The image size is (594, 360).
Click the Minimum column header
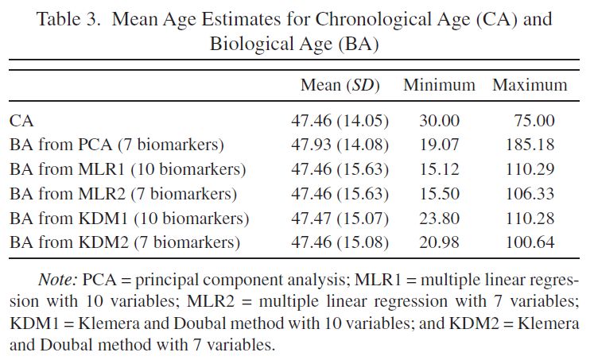click(439, 85)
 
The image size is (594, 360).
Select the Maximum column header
click(530, 85)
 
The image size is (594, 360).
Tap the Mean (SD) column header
click(340, 85)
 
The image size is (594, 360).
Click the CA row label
click(21, 122)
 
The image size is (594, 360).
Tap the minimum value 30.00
click(440, 122)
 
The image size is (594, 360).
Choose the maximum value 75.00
click(534, 122)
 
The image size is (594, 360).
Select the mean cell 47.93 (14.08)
click(340, 145)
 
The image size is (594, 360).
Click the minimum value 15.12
click(440, 169)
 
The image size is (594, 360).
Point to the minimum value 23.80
click(440, 218)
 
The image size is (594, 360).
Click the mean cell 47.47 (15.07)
click(340, 218)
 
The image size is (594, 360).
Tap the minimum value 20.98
click(440, 242)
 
